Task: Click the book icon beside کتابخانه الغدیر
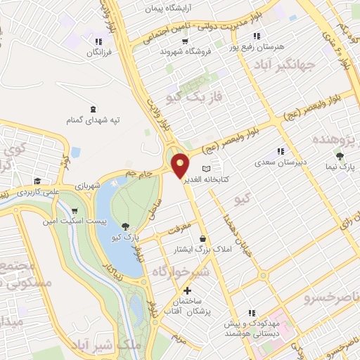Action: point(206,169)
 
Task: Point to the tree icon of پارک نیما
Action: point(341,156)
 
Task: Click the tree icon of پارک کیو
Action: point(124,226)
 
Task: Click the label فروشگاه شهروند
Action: point(181,51)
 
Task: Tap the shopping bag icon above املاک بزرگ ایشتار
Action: point(202,238)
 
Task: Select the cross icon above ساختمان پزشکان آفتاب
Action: point(187,290)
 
